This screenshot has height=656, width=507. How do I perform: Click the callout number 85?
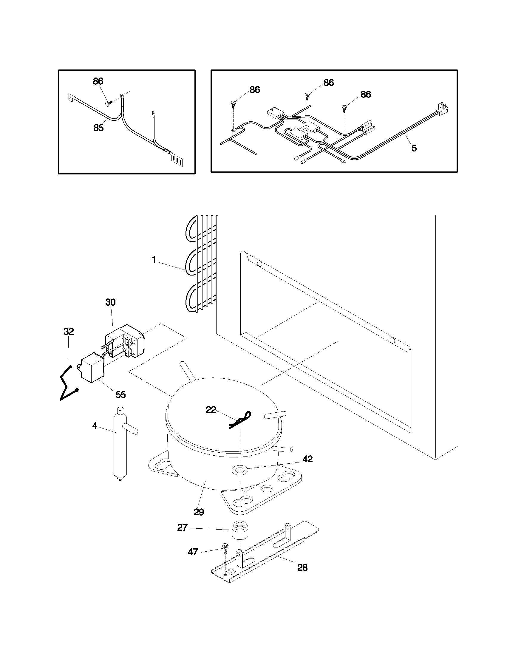tap(98, 128)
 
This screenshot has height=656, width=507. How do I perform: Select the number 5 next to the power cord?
tap(414, 148)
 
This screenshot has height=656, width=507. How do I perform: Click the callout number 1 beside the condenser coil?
tap(154, 260)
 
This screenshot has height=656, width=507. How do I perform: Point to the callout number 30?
tap(110, 302)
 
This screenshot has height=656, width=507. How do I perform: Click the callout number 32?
tap(69, 332)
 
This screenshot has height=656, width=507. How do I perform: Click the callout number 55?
tap(120, 395)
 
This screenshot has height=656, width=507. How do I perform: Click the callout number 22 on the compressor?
tap(211, 410)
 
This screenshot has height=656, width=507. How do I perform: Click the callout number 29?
tap(199, 512)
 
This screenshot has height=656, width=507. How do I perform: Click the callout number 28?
tap(302, 568)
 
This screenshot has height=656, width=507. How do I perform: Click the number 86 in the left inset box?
tap(98, 81)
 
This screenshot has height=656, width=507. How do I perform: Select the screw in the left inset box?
tap(109, 103)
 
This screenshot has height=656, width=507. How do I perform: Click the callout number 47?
tap(193, 552)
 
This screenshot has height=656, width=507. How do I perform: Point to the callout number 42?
tap(307, 459)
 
